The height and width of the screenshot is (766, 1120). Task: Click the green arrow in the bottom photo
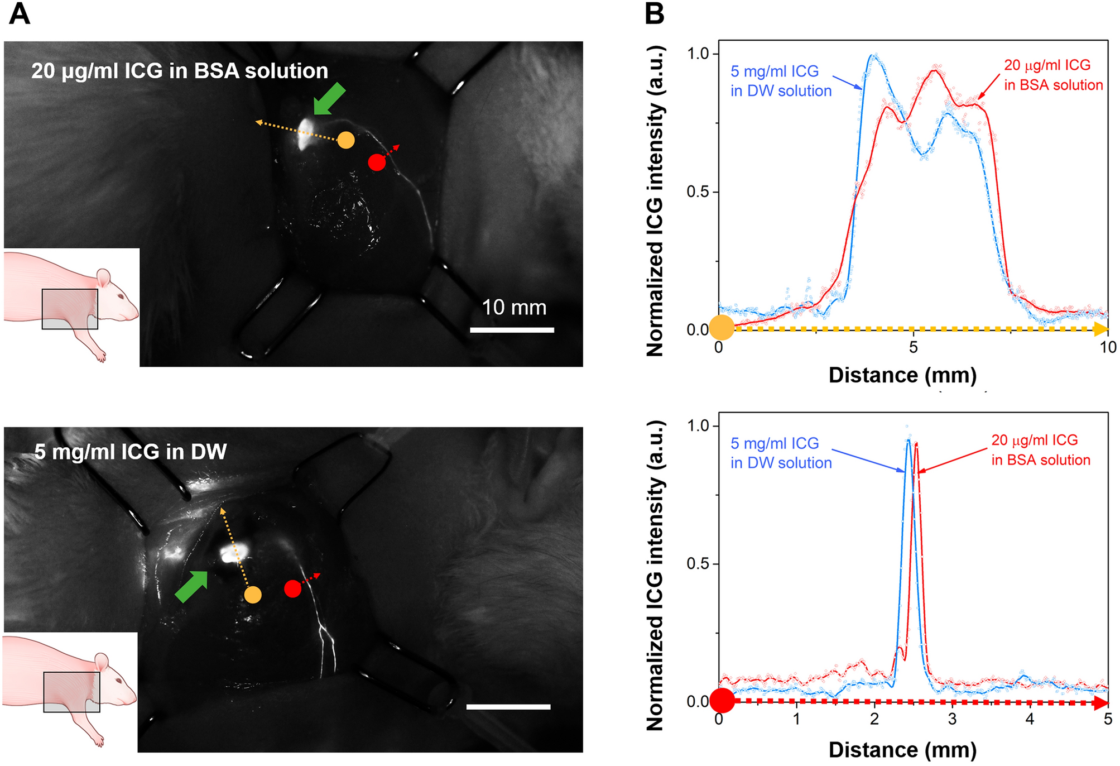pos(191,586)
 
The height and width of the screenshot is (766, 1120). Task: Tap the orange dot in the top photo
pos(346,140)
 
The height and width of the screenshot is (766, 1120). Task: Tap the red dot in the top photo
pos(377,162)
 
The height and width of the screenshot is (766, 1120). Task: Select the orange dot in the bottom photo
pos(253,595)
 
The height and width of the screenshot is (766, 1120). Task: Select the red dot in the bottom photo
pos(292,588)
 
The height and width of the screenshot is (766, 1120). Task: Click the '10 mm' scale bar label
pos(514,308)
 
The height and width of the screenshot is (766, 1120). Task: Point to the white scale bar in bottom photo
pos(508,707)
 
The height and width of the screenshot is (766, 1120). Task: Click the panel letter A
pos(20,14)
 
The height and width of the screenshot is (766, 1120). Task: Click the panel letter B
pos(654,14)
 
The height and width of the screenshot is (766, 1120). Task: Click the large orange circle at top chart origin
pos(720,328)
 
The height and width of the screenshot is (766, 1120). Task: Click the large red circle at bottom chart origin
pos(722,701)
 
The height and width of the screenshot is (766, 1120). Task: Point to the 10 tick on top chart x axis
pos(1107,347)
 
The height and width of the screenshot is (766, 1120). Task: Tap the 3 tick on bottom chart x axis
pos(952,719)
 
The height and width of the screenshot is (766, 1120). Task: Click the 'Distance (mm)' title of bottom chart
pos(902,749)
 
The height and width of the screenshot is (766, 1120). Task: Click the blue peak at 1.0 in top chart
pos(874,56)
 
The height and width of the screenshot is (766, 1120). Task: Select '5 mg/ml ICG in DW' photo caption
pos(131,452)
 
